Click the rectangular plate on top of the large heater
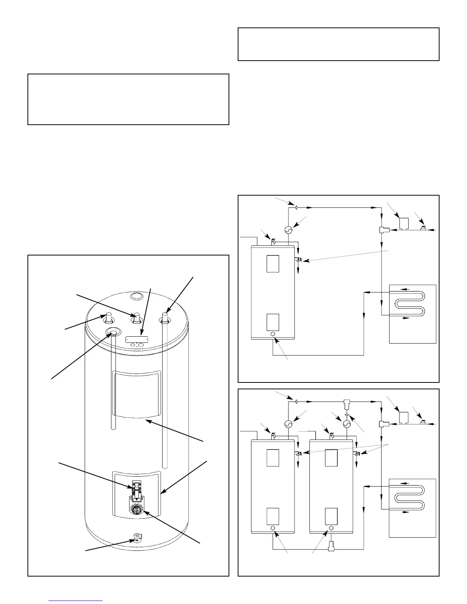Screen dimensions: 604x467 [x=137, y=339]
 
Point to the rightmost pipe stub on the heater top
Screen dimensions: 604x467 [x=165, y=317]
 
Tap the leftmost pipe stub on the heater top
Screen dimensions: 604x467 [x=108, y=317]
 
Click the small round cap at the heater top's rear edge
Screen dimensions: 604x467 [x=135, y=296]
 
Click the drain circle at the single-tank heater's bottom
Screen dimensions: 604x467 [x=273, y=334]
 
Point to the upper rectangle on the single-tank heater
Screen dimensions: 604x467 [x=273, y=263]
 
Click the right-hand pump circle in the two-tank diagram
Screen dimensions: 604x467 [x=347, y=424]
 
